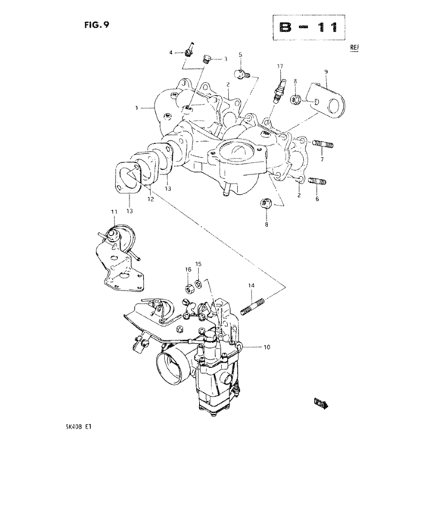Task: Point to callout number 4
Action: (171, 52)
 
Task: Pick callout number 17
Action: (279, 67)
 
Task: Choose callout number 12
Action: (151, 199)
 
